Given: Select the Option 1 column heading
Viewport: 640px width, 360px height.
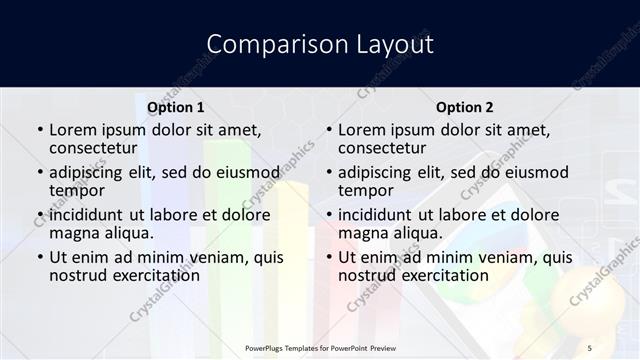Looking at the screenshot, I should [175, 107].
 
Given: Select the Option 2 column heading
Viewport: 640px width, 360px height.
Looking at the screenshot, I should [464, 107].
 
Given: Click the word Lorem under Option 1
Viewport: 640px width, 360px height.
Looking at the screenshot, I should [73, 130].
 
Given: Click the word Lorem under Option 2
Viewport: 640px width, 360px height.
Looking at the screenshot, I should [362, 130].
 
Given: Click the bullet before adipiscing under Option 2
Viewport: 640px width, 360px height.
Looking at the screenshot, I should [329, 172].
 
